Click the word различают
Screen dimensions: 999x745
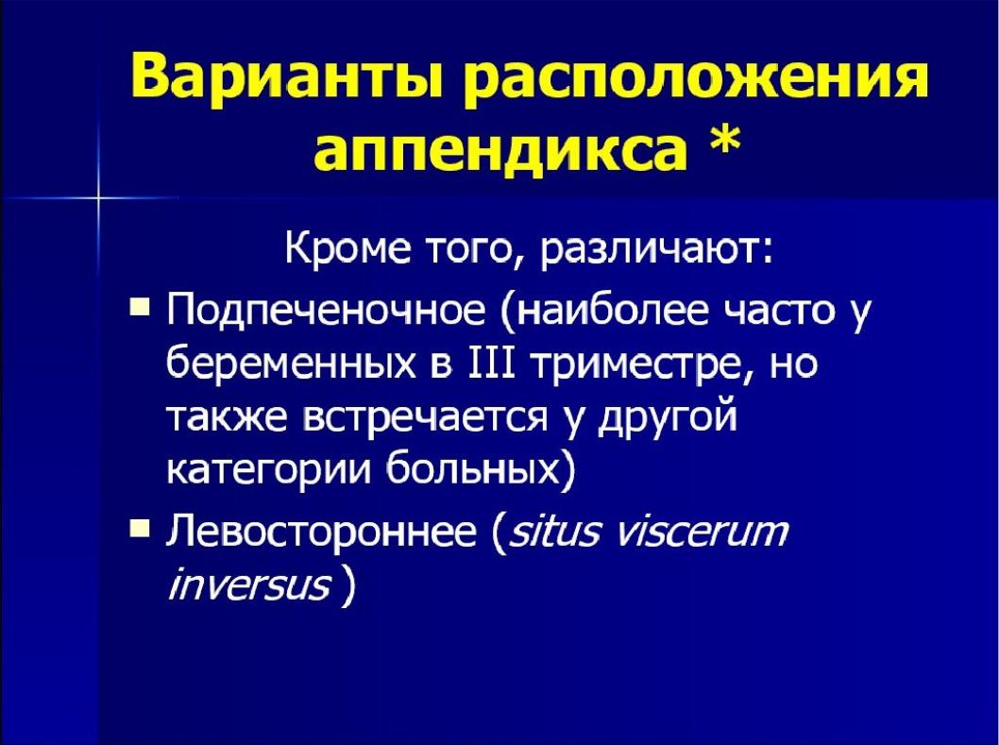(x=655, y=250)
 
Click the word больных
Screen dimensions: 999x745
(x=477, y=470)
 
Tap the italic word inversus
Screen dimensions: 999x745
(x=248, y=585)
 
